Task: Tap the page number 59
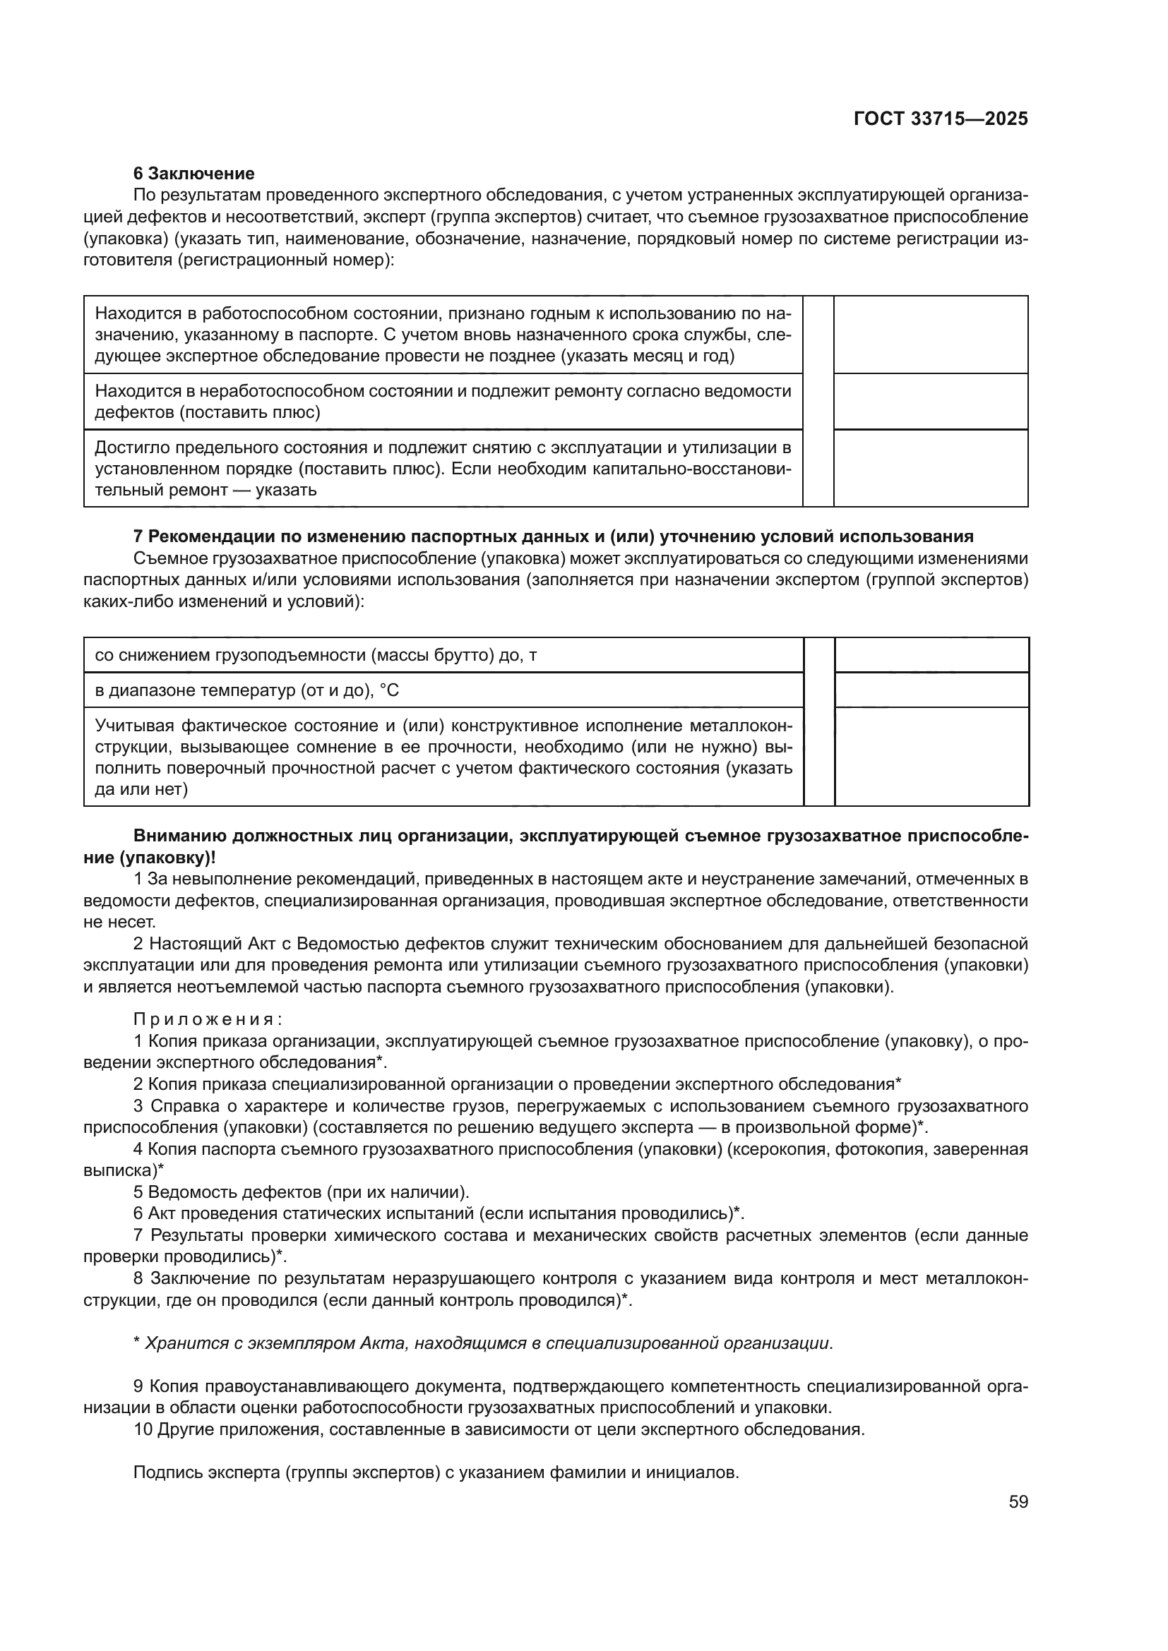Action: (x=1018, y=1501)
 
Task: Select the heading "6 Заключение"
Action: (x=193, y=174)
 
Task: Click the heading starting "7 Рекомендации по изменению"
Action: (x=553, y=536)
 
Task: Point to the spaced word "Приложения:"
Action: (x=208, y=1019)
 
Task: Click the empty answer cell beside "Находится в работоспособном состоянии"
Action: (x=930, y=335)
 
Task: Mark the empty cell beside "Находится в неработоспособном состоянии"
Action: (x=930, y=401)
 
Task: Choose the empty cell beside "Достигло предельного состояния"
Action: (x=930, y=468)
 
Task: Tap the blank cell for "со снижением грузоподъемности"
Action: (x=931, y=655)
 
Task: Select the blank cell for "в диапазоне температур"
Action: (x=931, y=690)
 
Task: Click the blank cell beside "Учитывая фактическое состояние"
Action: (x=931, y=757)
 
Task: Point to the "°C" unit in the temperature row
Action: (x=389, y=691)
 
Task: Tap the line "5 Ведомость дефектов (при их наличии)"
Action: (x=302, y=1192)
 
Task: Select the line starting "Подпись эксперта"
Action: (x=436, y=1472)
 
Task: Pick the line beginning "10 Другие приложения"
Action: (x=499, y=1429)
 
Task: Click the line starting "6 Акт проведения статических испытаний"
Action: (x=439, y=1214)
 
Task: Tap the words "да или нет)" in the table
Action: (x=141, y=790)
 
